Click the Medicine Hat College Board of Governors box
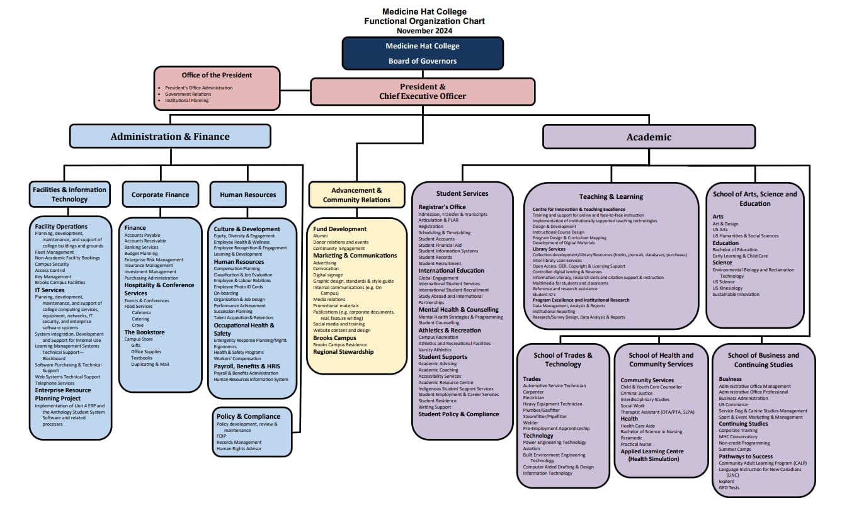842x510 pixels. click(x=423, y=53)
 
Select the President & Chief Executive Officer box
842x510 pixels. click(x=423, y=91)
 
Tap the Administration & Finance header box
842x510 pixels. click(x=170, y=137)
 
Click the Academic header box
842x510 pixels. click(x=649, y=137)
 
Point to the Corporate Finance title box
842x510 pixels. click(x=160, y=195)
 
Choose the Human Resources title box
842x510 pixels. click(x=247, y=195)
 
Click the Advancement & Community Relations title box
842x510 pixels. click(x=356, y=195)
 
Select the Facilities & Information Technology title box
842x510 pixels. click(x=70, y=194)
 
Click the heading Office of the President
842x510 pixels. click(x=217, y=76)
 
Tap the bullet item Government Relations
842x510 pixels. click(x=188, y=94)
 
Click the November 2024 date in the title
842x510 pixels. click(x=424, y=30)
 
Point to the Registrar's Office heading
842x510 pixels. click(x=442, y=207)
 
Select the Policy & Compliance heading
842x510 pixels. click(x=248, y=416)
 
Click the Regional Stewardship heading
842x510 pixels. click(x=343, y=352)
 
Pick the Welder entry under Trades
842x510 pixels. click(x=531, y=422)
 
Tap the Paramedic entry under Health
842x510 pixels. click(x=632, y=438)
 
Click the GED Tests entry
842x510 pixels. click(x=729, y=487)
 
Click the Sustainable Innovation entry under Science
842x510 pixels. click(x=736, y=294)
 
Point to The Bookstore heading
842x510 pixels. click(x=144, y=332)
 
